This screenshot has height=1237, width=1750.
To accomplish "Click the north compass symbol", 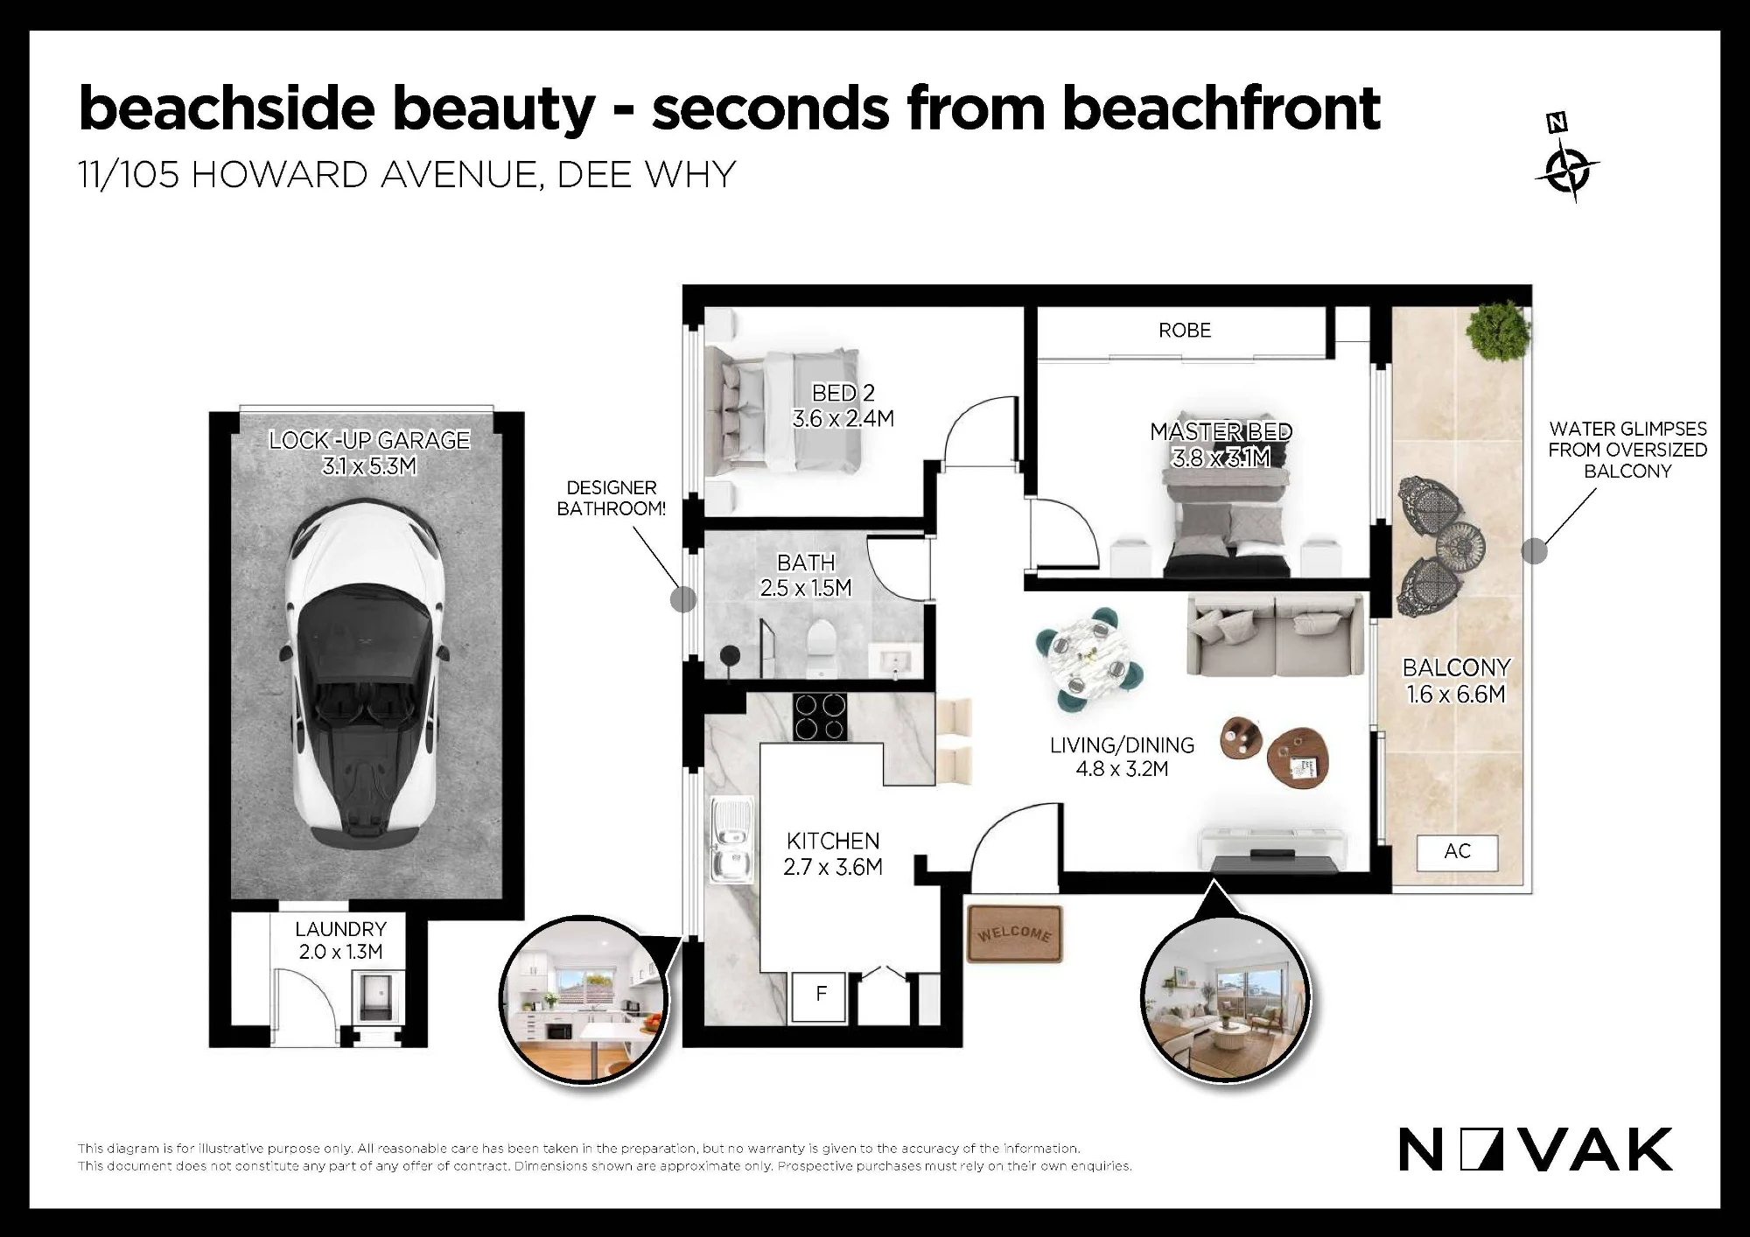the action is click(1567, 162).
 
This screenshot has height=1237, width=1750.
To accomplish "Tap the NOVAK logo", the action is click(1535, 1150).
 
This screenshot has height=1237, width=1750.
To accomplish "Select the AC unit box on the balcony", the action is click(1457, 851).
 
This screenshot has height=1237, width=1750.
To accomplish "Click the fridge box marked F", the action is click(820, 997).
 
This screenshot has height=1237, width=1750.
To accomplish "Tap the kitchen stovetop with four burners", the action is click(820, 716).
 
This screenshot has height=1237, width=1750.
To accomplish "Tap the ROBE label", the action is click(1185, 331).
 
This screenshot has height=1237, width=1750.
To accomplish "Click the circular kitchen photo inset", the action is click(584, 999).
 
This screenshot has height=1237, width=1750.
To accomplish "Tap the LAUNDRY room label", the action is click(340, 929).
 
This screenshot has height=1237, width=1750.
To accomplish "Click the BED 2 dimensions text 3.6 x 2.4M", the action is click(843, 419).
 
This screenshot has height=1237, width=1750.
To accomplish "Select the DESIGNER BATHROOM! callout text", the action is click(612, 498).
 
